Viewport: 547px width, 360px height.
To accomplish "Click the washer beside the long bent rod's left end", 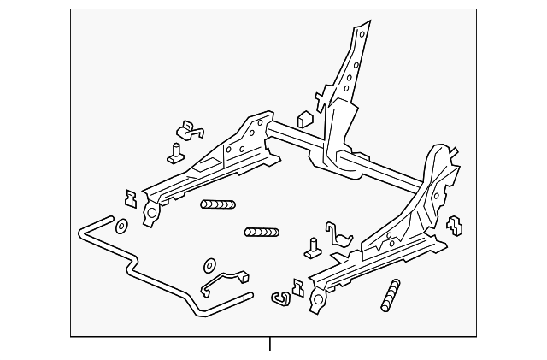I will [121, 226].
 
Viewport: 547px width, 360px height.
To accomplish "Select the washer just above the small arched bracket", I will [209, 265].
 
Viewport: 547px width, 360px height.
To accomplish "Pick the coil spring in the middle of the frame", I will [261, 232].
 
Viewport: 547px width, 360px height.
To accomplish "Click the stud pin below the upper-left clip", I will [176, 153].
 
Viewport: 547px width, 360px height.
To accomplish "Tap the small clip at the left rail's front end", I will [131, 198].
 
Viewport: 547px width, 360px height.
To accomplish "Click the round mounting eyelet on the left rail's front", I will [151, 212].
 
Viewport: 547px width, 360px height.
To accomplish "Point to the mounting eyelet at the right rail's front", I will [318, 300].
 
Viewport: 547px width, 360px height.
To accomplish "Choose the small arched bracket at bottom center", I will [225, 283].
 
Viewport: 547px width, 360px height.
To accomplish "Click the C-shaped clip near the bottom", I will [279, 298].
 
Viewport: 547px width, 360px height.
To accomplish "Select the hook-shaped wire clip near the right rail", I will [340, 240].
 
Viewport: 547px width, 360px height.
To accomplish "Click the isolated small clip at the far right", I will [455, 226].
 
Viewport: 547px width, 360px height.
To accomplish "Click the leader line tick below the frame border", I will [270, 345].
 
